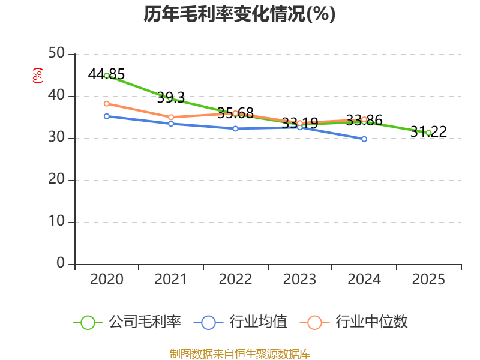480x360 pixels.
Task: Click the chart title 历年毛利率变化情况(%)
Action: (x=239, y=14)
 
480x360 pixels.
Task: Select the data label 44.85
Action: (x=106, y=74)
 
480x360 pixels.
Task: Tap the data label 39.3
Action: (x=171, y=98)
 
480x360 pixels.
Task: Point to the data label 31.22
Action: (x=428, y=131)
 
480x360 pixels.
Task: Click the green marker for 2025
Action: (x=428, y=133)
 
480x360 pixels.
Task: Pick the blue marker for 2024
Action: (x=364, y=139)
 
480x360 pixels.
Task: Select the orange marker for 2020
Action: (x=107, y=104)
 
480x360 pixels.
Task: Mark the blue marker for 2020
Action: (x=107, y=116)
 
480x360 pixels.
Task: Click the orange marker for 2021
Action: (x=171, y=117)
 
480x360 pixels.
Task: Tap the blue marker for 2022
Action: (x=235, y=128)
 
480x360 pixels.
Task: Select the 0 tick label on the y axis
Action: (x=61, y=263)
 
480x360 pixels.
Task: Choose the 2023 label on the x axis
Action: (x=299, y=280)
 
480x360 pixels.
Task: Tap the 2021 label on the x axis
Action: (x=171, y=280)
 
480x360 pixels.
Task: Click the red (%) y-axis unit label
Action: (x=38, y=76)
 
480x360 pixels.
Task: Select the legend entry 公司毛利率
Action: (x=127, y=322)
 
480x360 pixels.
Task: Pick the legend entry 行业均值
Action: (x=241, y=322)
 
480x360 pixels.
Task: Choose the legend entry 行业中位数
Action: (x=354, y=322)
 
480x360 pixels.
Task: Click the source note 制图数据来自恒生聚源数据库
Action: (x=240, y=354)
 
